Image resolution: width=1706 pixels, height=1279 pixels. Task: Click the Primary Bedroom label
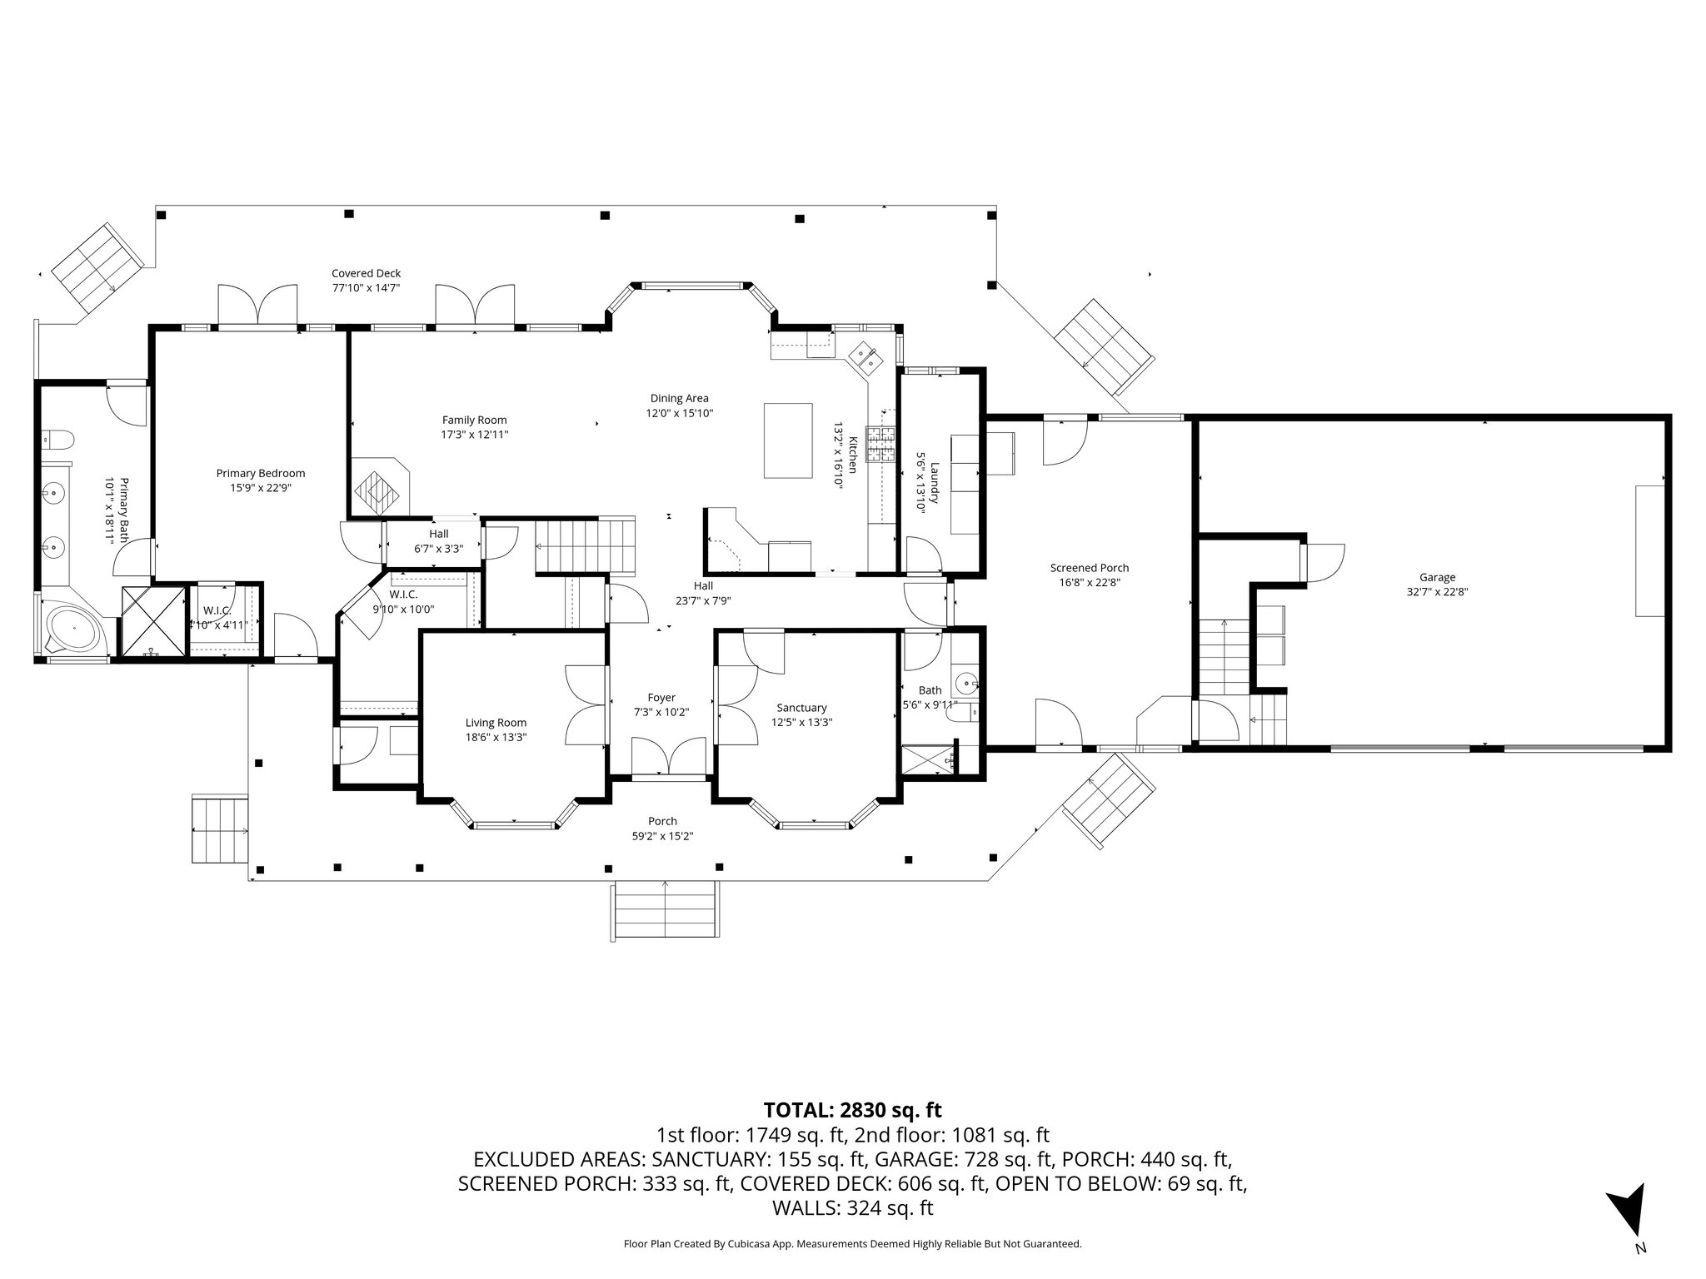point(261,473)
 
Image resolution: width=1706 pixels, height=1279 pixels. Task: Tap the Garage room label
point(1437,577)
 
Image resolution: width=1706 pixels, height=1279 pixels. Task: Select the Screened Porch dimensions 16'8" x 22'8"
point(1089,583)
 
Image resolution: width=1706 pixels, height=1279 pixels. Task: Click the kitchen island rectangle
point(788,440)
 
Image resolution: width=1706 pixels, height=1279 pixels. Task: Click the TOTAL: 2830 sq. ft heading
point(852,1110)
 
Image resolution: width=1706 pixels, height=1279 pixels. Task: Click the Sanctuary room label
point(801,708)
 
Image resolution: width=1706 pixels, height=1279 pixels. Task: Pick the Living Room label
point(496,723)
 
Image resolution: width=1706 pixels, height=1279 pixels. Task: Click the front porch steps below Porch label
point(665,910)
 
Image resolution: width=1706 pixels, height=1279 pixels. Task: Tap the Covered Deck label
point(366,273)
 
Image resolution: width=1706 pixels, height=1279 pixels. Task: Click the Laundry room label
point(935,483)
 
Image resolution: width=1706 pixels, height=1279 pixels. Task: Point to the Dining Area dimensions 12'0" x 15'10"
point(680,413)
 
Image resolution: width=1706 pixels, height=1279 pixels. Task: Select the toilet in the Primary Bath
point(59,438)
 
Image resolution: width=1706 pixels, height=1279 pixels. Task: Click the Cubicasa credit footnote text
point(852,1244)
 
